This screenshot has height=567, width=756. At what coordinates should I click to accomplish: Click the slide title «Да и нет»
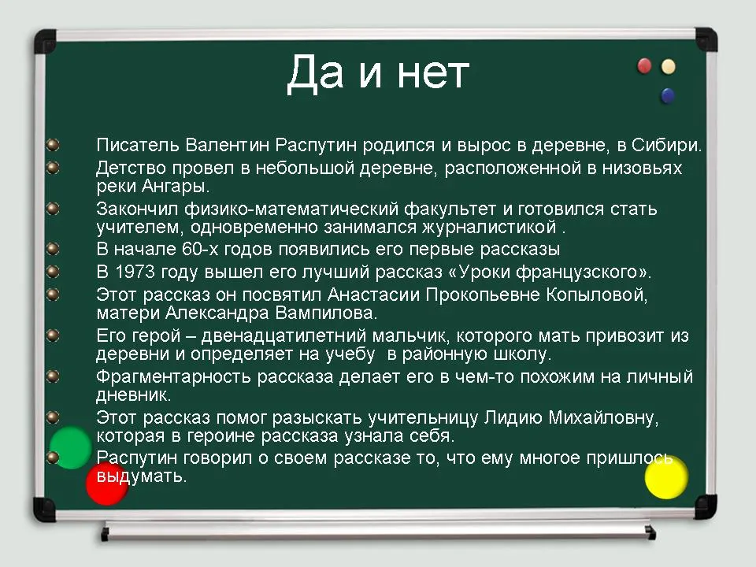tap(378, 73)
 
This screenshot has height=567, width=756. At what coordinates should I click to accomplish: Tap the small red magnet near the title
tap(644, 65)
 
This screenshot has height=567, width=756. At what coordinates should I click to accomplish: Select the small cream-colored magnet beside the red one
tap(669, 66)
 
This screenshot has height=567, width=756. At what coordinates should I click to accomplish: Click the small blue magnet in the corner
tap(668, 95)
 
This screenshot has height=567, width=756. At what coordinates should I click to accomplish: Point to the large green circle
tap(70, 447)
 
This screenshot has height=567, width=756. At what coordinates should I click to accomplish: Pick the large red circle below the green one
tap(107, 484)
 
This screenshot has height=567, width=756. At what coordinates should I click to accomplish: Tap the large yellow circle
tap(666, 477)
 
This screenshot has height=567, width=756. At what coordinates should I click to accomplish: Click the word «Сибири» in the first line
tap(663, 145)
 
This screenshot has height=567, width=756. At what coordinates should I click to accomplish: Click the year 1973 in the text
tap(135, 272)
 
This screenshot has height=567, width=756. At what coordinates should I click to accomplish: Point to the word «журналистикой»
tap(489, 227)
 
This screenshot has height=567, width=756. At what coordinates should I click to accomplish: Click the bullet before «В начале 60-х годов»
tap(53, 249)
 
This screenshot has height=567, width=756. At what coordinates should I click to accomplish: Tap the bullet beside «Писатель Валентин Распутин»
tap(53, 145)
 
